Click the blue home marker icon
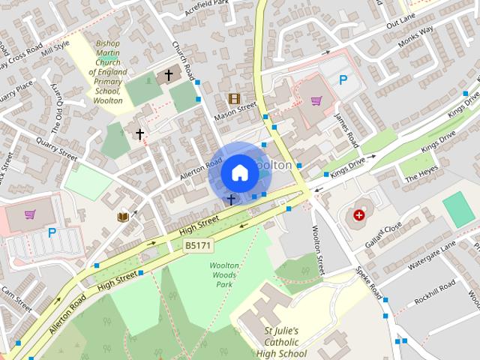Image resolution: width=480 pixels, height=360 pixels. click(238, 172)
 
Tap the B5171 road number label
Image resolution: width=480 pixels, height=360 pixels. click(199, 244)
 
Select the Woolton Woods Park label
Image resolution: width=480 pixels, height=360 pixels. click(224, 275)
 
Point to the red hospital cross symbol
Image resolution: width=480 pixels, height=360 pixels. click(360, 215)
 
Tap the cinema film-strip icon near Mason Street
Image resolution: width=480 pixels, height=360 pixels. click(234, 98)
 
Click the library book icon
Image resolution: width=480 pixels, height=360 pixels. click(123, 217)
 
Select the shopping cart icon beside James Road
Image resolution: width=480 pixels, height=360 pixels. click(316, 100)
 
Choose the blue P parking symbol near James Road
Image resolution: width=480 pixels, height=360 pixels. click(343, 80)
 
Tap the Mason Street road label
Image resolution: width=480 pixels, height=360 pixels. click(235, 111)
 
